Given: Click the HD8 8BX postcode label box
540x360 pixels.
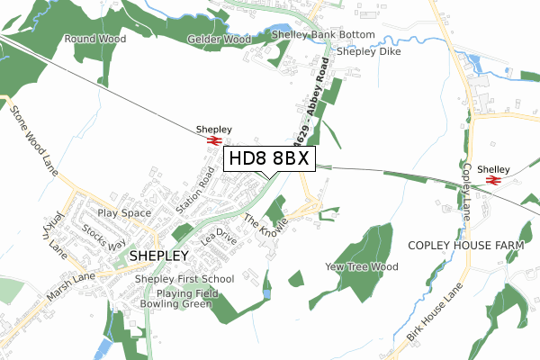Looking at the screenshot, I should (x=269, y=159).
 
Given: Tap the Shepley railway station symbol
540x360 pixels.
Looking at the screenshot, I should (x=215, y=140).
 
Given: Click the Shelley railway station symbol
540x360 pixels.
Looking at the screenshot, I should (x=492, y=181).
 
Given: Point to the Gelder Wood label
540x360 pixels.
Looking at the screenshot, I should (x=219, y=40).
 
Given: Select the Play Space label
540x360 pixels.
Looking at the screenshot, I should (x=124, y=213).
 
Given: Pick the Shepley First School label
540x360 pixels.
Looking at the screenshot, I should (x=184, y=279).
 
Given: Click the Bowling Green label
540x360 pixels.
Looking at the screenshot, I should (x=175, y=304).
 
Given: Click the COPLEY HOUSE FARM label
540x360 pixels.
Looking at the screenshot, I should (x=465, y=245).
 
